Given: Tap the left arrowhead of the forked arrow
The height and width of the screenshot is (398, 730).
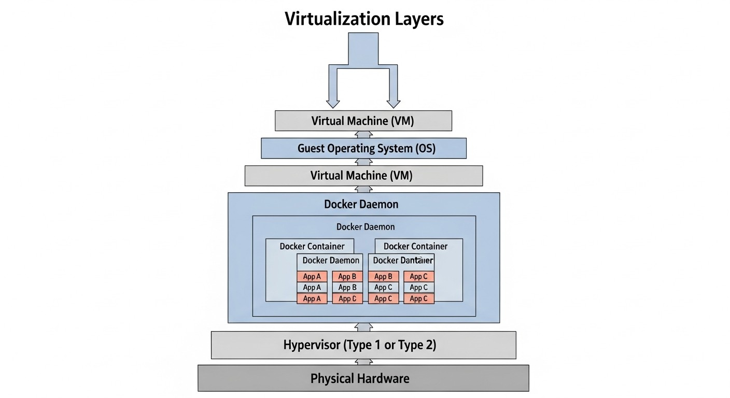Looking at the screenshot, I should [332, 102].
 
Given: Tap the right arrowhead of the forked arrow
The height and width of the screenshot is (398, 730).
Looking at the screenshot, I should [394, 102].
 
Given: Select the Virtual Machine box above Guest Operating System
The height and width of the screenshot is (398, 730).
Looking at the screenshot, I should [363, 121].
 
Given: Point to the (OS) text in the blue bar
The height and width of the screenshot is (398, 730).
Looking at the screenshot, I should [425, 149].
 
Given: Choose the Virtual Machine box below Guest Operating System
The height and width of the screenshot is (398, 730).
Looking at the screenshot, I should [363, 176].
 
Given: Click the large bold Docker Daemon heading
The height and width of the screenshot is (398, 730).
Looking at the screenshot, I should [361, 204].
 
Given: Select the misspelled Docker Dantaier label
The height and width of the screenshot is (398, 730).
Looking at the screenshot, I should [403, 260].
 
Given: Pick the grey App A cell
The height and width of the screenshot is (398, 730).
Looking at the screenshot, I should [312, 288].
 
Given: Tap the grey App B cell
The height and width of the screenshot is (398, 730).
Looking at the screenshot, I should [347, 288].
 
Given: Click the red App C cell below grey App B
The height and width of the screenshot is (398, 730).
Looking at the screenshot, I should [347, 298].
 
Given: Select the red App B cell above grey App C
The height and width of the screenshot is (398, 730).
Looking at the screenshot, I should [383, 277].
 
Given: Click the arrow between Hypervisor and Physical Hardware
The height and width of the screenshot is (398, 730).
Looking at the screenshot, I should [363, 362].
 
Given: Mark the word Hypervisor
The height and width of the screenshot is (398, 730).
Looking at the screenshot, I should [313, 345].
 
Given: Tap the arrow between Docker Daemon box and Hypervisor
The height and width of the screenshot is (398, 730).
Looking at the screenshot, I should [363, 327].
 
